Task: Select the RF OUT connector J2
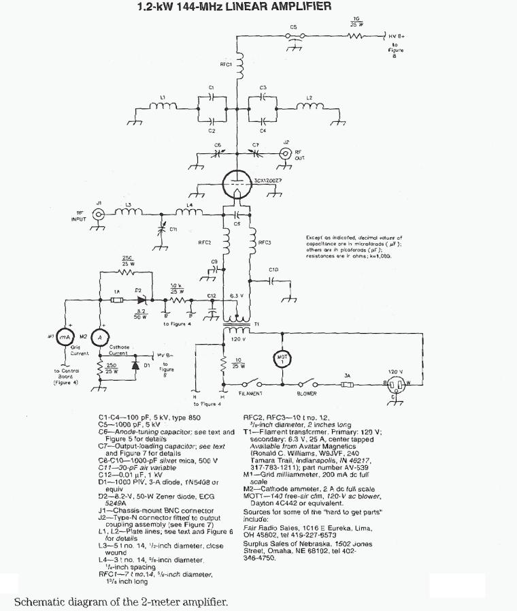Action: (286, 153)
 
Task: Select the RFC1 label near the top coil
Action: (227, 64)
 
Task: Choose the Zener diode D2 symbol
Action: (141, 298)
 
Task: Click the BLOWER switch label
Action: (307, 394)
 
